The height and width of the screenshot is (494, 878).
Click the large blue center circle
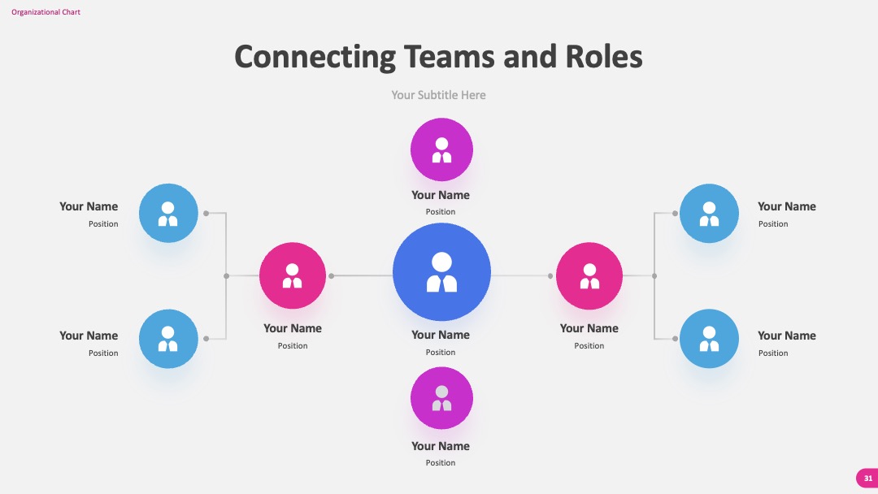[x=441, y=272]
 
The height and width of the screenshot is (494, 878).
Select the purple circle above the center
[x=441, y=149]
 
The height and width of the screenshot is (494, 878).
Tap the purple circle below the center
[x=441, y=398]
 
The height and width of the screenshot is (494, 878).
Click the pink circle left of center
[x=293, y=275]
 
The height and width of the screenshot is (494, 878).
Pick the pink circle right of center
[x=589, y=275]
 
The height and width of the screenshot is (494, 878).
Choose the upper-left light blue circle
[x=168, y=213]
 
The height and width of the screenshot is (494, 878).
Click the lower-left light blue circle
[x=168, y=339]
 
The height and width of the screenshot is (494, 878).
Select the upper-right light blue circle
[x=709, y=213]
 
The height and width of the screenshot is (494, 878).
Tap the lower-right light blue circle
[x=709, y=339]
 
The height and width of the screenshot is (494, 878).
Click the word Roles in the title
[x=603, y=57]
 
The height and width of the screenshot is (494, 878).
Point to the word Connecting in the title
[x=315, y=58]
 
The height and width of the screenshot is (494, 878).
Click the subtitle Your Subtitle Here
[x=438, y=95]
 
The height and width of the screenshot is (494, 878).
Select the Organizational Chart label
[x=46, y=11]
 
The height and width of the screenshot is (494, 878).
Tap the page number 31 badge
[x=867, y=479]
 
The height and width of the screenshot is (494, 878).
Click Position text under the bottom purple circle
[x=441, y=462]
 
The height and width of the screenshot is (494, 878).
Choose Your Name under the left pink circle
[x=293, y=328]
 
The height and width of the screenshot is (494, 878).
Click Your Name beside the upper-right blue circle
[x=787, y=206]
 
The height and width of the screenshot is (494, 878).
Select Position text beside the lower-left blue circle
[x=103, y=353]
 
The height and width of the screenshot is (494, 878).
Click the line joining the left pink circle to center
[x=363, y=275]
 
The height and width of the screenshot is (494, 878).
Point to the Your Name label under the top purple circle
[x=441, y=195]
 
